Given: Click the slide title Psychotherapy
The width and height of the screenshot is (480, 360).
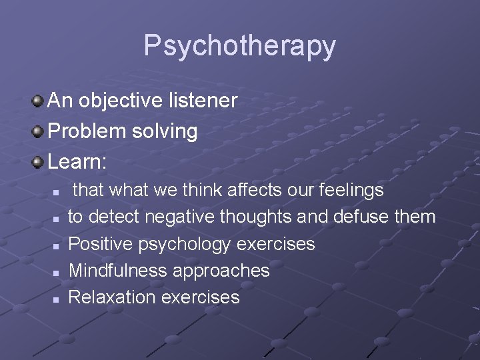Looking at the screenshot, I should (x=240, y=46).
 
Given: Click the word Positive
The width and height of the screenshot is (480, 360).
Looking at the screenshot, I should (x=101, y=244).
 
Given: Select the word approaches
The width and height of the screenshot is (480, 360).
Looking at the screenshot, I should (x=221, y=271).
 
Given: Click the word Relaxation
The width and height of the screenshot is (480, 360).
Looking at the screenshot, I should (x=112, y=297).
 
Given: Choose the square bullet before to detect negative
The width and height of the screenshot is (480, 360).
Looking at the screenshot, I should (x=57, y=219).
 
